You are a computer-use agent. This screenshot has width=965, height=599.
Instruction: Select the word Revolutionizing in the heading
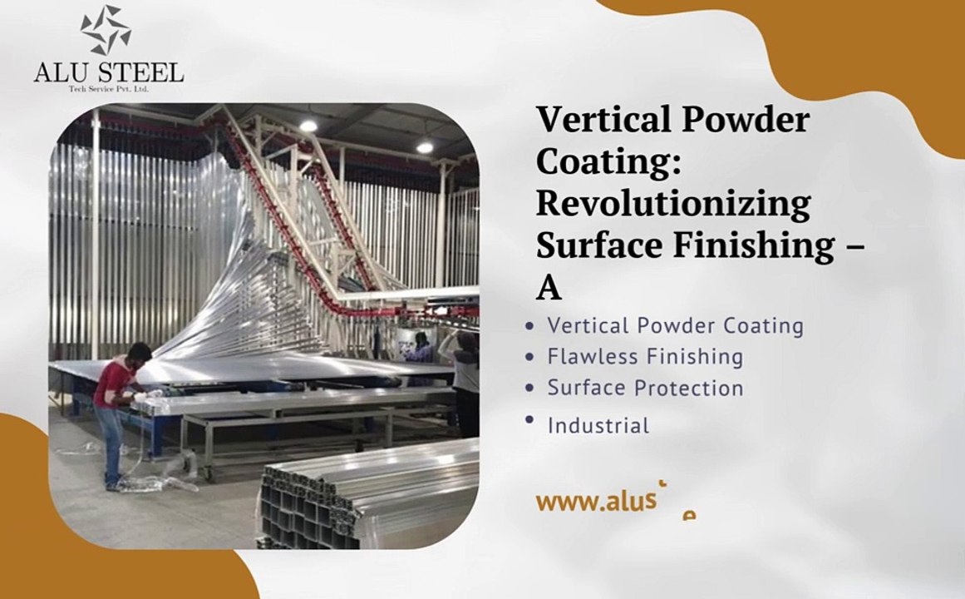(x=672, y=203)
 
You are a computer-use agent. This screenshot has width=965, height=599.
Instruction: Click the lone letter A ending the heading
(x=549, y=288)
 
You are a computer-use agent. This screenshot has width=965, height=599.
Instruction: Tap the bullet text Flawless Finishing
(x=645, y=357)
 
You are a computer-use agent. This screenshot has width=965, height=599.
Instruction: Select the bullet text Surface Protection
(x=645, y=389)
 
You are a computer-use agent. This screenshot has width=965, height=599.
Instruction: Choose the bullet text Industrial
(x=598, y=426)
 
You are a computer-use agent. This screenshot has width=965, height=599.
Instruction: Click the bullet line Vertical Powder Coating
(x=675, y=325)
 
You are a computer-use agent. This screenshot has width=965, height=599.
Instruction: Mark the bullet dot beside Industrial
(x=529, y=420)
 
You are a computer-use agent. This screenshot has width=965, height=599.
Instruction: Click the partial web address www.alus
(x=591, y=501)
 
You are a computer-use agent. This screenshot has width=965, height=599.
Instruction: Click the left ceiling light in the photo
(x=308, y=126)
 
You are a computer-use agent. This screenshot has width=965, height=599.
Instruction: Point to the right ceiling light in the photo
(x=425, y=147)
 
